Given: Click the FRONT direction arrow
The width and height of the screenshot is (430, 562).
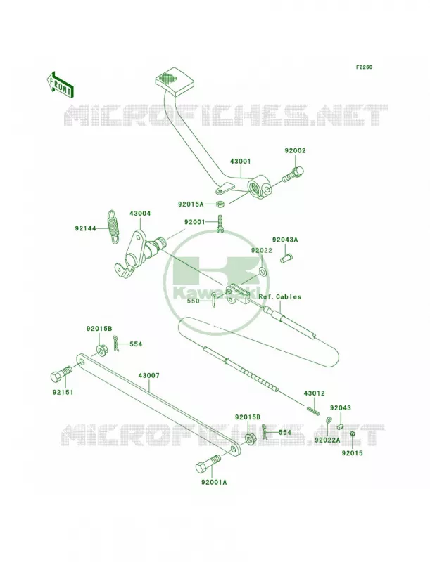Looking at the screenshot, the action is click(x=60, y=84).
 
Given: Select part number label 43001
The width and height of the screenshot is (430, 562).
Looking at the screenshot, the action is click(x=240, y=162).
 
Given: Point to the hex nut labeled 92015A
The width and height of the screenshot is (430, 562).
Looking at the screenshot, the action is click(x=220, y=204).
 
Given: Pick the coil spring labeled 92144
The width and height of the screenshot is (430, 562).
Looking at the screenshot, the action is click(x=113, y=226).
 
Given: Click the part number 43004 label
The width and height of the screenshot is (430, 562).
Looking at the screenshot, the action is click(x=140, y=214).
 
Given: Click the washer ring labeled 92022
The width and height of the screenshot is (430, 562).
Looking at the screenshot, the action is click(x=263, y=271).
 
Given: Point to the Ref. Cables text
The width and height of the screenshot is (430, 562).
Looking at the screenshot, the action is click(x=279, y=296).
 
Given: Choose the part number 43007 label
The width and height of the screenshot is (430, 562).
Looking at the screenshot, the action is click(x=149, y=376).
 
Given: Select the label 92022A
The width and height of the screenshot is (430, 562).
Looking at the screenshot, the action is click(x=327, y=440).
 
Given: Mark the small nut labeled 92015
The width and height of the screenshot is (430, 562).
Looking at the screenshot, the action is click(x=352, y=434).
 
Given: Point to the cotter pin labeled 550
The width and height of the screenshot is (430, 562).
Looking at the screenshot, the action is click(x=214, y=300).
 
